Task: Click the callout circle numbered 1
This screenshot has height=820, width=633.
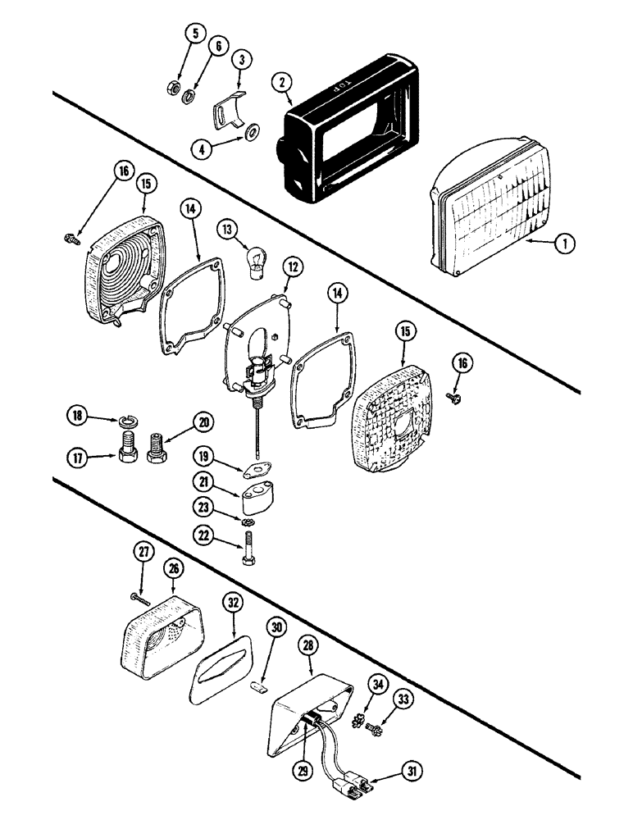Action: tap(567, 242)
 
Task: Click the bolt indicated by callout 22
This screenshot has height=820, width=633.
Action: tap(249, 544)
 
